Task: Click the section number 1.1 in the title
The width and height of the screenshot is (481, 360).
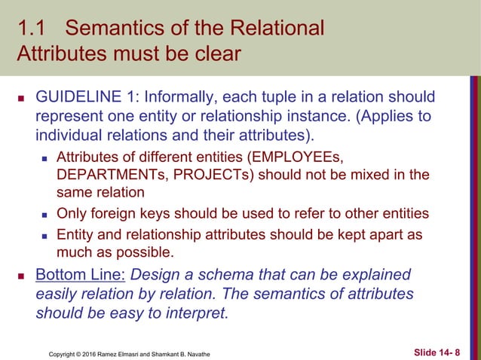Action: [x=32, y=29]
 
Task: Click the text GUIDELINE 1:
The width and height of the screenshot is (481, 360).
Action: [x=83, y=97]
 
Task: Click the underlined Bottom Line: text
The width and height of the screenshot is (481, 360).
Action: [x=81, y=273]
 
